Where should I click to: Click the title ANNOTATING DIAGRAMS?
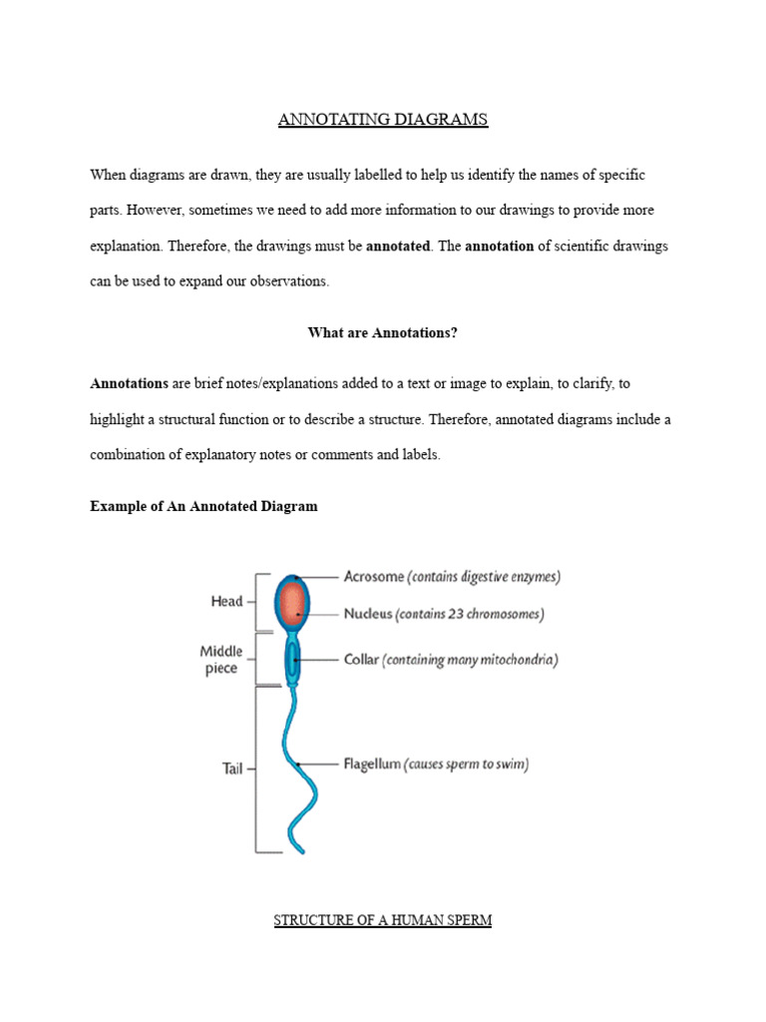coord(383,120)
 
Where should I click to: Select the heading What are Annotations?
coord(383,333)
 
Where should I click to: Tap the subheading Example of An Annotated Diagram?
coord(203,506)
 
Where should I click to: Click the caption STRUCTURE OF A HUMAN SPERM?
coord(383,920)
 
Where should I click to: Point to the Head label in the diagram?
coord(226,602)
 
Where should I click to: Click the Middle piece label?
coord(220,660)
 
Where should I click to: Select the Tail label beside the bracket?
coord(230,768)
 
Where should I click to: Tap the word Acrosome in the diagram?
coord(373,577)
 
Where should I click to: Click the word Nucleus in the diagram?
coord(367,615)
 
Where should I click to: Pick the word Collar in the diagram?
coord(360,660)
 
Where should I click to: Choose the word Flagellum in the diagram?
coord(372,765)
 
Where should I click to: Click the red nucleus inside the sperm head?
coord(292,606)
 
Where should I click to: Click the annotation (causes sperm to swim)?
coord(466,765)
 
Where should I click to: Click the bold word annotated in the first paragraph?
coord(399,246)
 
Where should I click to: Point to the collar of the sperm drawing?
coord(293,659)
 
